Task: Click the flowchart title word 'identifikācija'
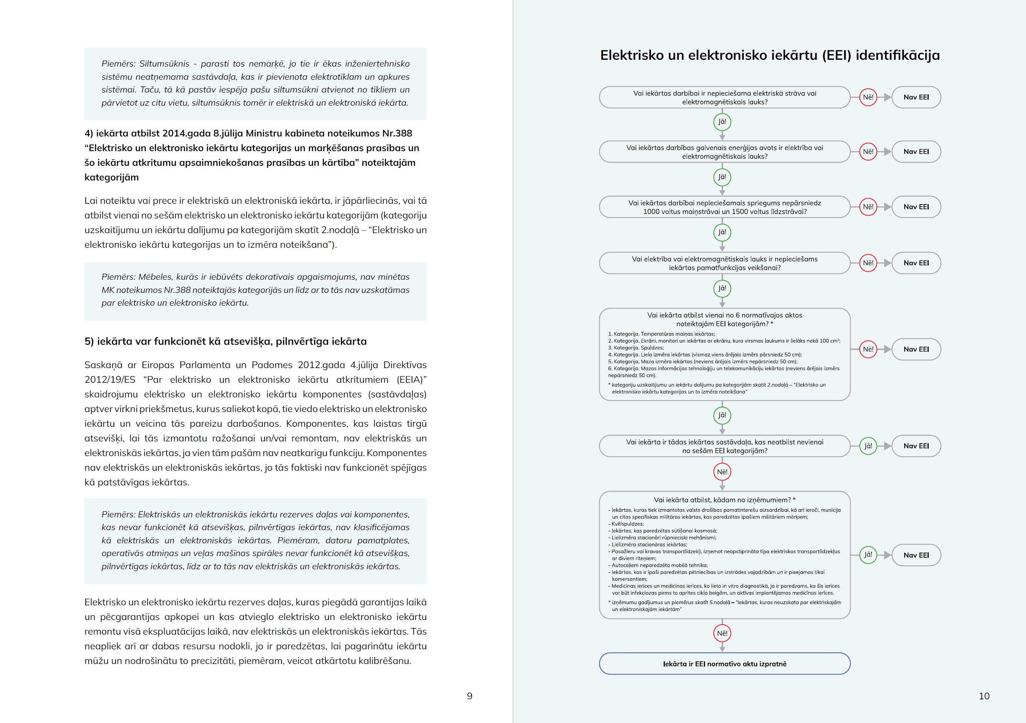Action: [897, 55]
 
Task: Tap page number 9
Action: [469, 696]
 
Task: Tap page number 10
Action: [984, 696]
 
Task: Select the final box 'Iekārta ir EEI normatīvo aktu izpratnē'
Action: [724, 664]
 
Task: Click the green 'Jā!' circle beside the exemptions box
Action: [868, 555]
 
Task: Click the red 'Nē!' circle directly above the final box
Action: [722, 633]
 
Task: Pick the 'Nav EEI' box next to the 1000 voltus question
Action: [916, 206]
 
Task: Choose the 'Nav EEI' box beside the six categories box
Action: [916, 349]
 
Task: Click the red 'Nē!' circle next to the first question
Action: [868, 97]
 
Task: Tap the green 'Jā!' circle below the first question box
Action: [722, 121]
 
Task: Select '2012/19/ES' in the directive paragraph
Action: [109, 380]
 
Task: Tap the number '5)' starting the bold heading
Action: [89, 342]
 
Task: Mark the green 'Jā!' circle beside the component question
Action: [868, 446]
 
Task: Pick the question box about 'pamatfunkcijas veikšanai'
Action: [724, 263]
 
